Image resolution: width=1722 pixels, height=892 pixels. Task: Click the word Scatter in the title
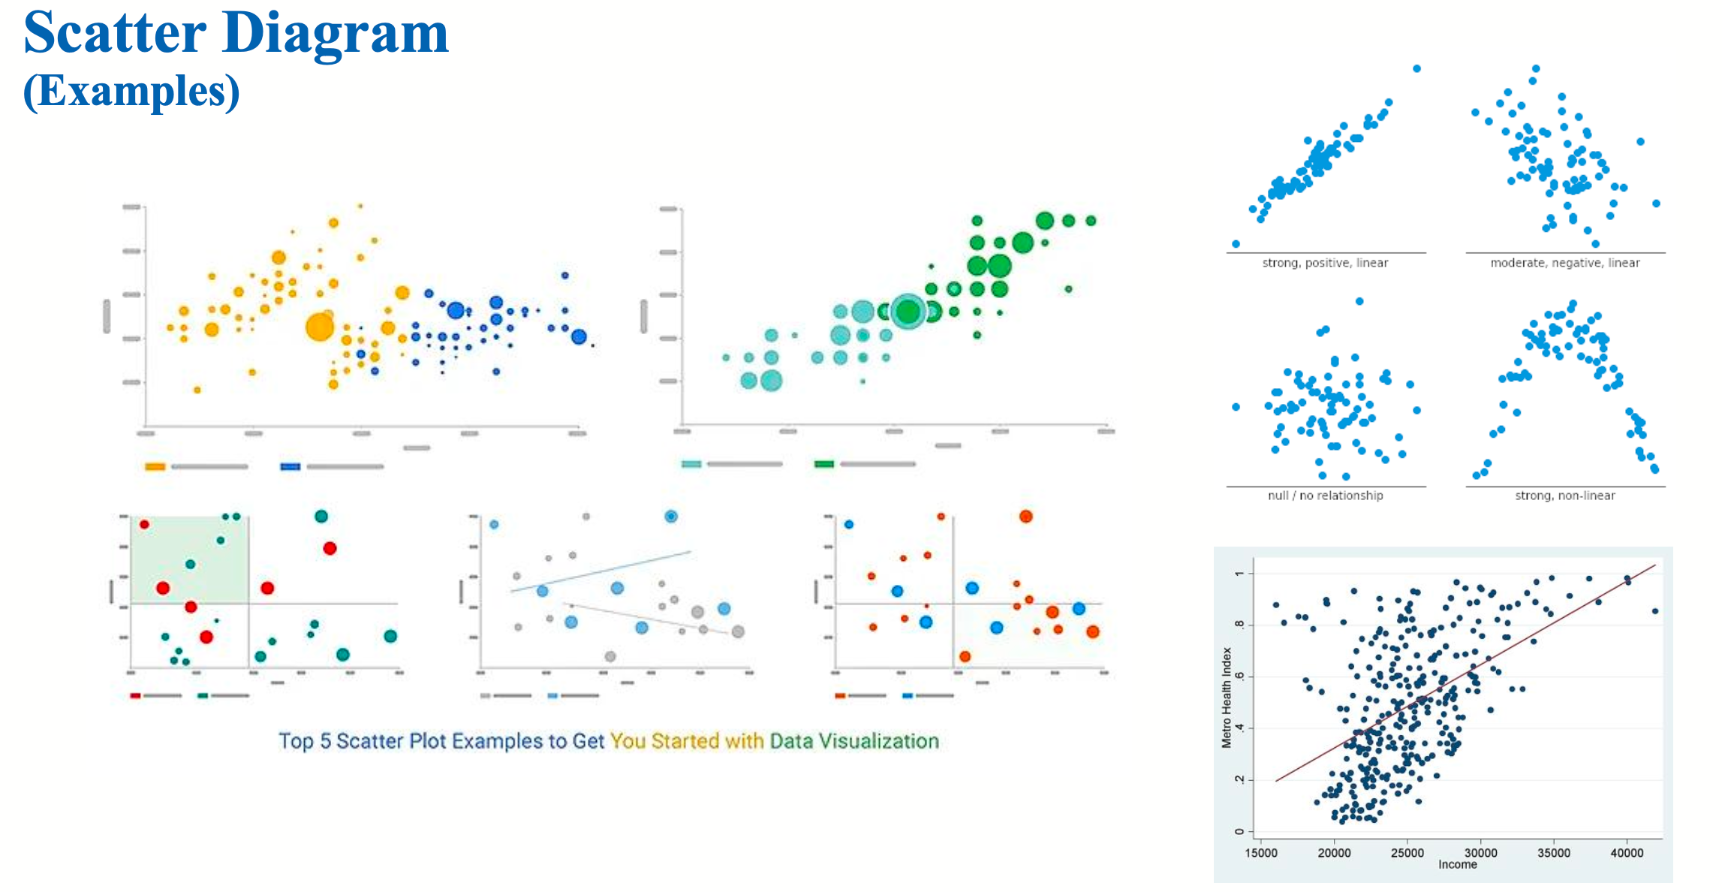pyautogui.click(x=115, y=34)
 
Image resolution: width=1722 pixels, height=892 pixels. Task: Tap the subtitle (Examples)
pyautogui.click(x=131, y=92)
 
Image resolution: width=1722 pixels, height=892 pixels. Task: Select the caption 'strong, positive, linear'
pyautogui.click(x=1325, y=263)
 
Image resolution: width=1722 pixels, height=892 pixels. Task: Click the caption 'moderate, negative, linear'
pyautogui.click(x=1564, y=263)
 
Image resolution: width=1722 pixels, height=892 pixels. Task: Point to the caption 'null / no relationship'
pyautogui.click(x=1325, y=496)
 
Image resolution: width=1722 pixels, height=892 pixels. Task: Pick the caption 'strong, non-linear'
pyautogui.click(x=1564, y=496)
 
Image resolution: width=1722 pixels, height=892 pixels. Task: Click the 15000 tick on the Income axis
pyautogui.click(x=1261, y=853)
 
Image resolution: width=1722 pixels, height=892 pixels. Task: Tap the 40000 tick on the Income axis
pyautogui.click(x=1627, y=853)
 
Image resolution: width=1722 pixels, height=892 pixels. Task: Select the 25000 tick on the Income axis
pyautogui.click(x=1407, y=853)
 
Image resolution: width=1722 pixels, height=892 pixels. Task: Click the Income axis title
pyautogui.click(x=1457, y=865)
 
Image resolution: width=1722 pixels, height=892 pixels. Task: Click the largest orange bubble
pyautogui.click(x=320, y=327)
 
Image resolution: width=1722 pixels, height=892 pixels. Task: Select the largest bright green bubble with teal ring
pyautogui.click(x=908, y=311)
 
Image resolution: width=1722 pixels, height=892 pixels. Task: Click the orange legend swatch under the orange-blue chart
pyautogui.click(x=155, y=466)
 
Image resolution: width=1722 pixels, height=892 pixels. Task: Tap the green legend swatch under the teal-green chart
pyautogui.click(x=823, y=464)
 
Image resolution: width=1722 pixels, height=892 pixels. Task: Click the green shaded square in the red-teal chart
pyautogui.click(x=190, y=559)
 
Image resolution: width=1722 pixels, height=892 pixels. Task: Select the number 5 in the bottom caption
pyautogui.click(x=326, y=741)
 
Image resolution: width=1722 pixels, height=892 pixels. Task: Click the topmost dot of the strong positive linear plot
pyautogui.click(x=1416, y=69)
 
